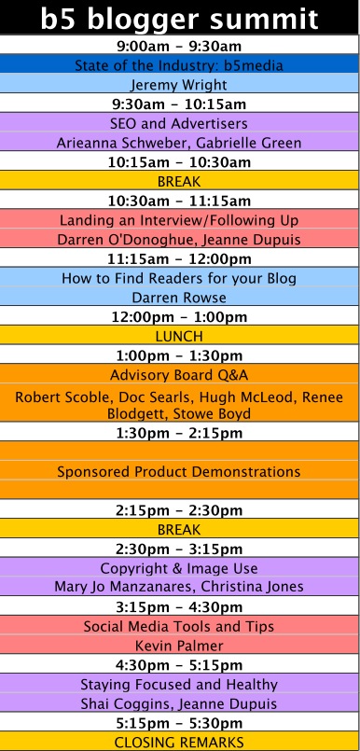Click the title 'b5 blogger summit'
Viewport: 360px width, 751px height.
click(x=179, y=19)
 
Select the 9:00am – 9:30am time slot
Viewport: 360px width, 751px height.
click(x=179, y=46)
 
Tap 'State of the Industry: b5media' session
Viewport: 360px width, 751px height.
click(x=179, y=65)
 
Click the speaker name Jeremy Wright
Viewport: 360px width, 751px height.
click(x=179, y=85)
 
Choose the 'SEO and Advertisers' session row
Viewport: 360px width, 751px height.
click(x=179, y=123)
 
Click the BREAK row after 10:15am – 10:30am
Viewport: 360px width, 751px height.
click(x=179, y=182)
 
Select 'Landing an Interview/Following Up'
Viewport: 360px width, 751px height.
click(x=179, y=220)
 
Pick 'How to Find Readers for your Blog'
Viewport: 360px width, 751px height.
click(x=179, y=278)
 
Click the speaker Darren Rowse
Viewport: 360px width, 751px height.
click(x=179, y=298)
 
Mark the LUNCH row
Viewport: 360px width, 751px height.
click(x=179, y=336)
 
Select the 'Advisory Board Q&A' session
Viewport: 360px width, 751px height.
click(x=179, y=374)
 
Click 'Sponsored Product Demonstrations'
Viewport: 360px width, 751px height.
click(x=179, y=471)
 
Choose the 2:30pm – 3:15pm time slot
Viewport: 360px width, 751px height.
click(x=179, y=549)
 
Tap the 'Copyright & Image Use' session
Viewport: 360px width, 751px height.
click(x=179, y=568)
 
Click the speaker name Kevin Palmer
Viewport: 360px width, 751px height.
click(x=179, y=646)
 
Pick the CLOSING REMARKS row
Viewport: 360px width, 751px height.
click(x=179, y=743)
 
